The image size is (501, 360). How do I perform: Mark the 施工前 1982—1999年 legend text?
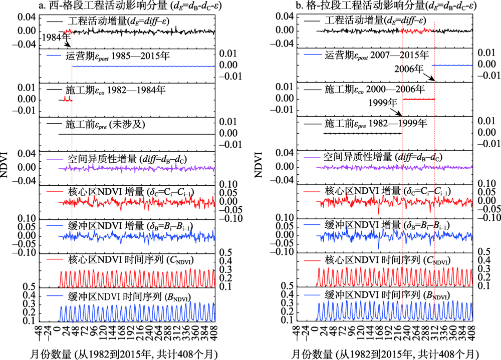pyautogui.click(x=376, y=123)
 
